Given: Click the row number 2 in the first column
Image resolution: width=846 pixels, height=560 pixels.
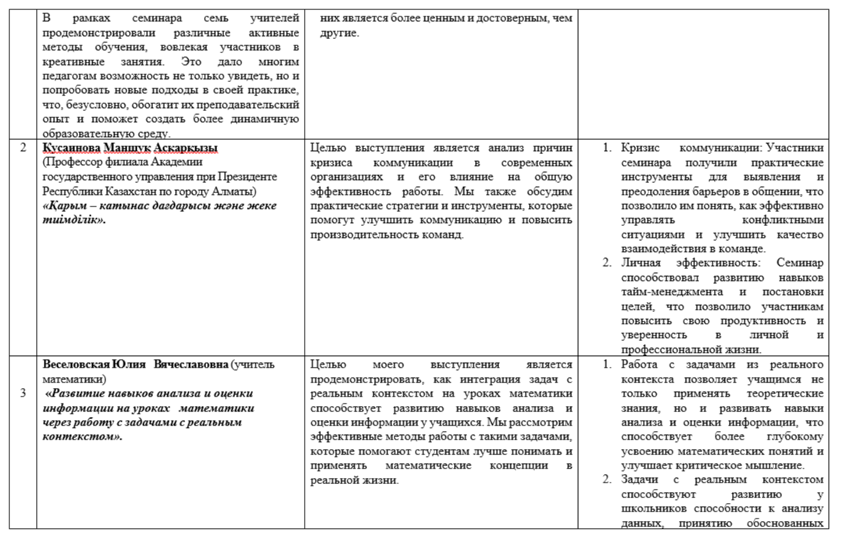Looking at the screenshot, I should [23, 148].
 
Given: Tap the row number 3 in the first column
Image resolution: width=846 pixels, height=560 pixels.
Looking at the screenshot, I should [23, 393].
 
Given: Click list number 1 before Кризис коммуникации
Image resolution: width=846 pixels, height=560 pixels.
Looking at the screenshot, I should [608, 148].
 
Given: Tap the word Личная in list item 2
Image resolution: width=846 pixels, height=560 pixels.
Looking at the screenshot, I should [642, 263].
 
